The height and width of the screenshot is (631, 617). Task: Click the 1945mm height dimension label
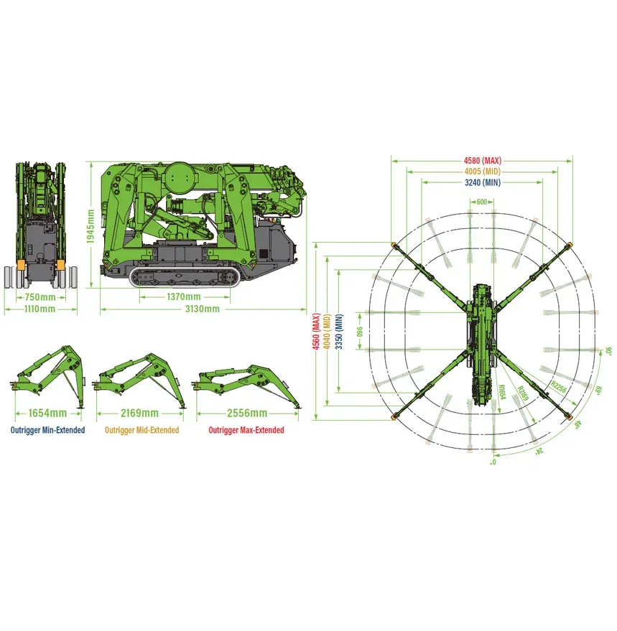(x=91, y=226)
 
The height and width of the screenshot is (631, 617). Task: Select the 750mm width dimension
(x=40, y=297)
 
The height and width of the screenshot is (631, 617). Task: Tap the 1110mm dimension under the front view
(x=40, y=309)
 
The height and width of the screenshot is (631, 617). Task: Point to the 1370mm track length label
(x=183, y=296)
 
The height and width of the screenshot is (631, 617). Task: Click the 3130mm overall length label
(x=203, y=309)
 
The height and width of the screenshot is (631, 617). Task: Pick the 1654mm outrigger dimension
(x=47, y=413)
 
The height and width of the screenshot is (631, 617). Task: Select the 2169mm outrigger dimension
(x=139, y=413)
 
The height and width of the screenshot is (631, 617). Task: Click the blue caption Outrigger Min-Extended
(x=47, y=431)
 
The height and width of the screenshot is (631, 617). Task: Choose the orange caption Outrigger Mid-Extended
(x=142, y=431)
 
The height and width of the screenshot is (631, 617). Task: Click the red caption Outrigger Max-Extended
(x=246, y=431)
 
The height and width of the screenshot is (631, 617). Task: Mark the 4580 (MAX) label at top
(x=482, y=160)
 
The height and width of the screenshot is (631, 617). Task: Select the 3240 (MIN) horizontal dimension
(x=482, y=183)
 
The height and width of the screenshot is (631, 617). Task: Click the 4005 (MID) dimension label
(x=482, y=172)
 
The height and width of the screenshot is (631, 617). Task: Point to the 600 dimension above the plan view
(x=481, y=202)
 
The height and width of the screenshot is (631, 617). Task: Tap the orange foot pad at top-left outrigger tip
(x=394, y=246)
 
